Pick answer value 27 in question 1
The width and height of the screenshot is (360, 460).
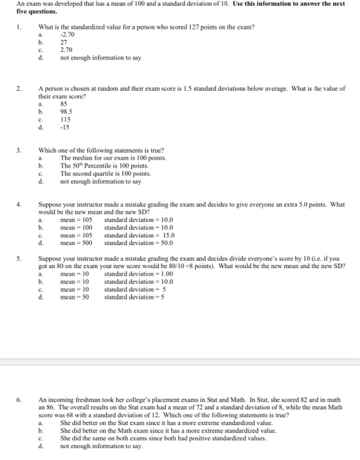[64, 42]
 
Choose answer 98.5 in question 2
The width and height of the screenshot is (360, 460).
[66, 110]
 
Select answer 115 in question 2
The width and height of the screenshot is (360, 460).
[65, 118]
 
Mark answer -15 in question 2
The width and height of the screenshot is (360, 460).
[65, 126]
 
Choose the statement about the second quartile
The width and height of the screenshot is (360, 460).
[106, 173]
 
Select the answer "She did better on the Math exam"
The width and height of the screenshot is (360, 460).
[158, 430]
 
